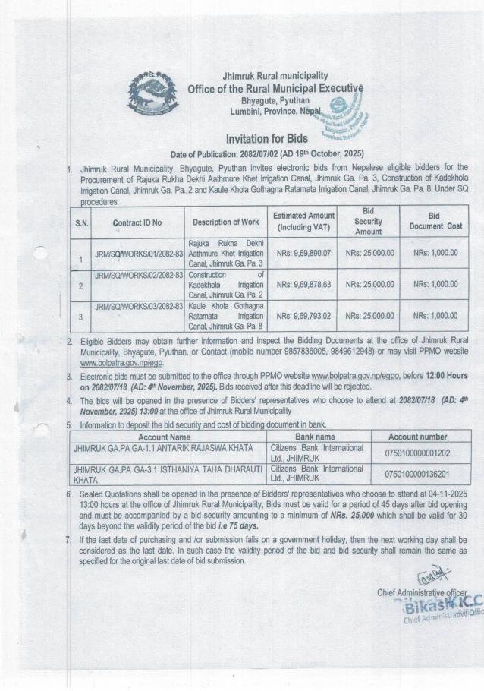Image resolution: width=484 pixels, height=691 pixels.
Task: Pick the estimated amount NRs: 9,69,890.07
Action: pos(303,252)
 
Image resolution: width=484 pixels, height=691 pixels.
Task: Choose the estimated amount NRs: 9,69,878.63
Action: pos(303,284)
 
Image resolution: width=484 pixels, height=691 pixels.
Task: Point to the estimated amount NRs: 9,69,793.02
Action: pos(303,315)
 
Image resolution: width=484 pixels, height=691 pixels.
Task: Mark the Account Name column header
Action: pos(164,437)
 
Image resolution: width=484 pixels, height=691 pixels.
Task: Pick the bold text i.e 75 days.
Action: pos(235,525)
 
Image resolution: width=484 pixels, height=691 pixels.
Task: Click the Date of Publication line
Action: pos(257,153)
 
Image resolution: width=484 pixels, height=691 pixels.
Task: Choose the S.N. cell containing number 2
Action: pos(81,287)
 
